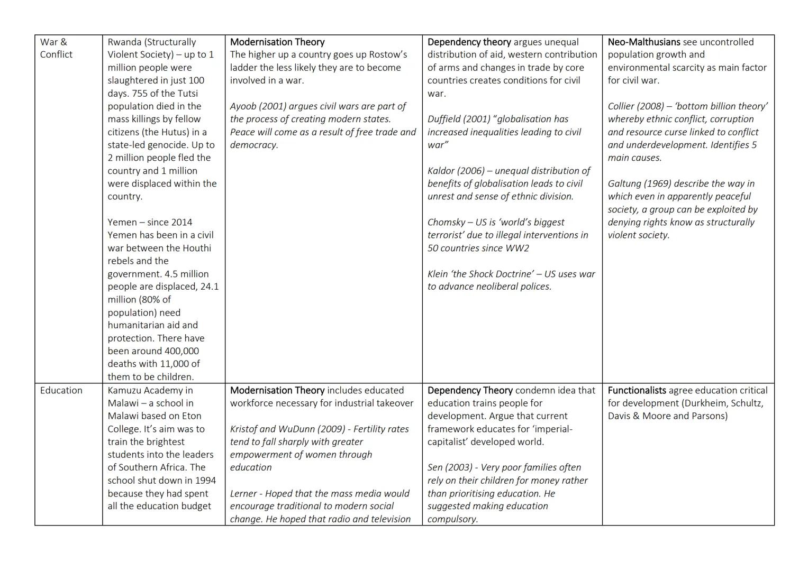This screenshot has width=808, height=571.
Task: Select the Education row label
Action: pos(61,390)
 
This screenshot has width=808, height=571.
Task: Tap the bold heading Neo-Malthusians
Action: pos(643,42)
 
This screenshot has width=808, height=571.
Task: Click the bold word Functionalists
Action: pos(637,390)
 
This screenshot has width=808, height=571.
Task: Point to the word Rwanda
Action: pos(124,42)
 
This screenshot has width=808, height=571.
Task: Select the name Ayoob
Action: pos(243,106)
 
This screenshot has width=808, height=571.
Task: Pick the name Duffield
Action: pos(444,119)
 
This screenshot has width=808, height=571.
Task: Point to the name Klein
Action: pos(439,274)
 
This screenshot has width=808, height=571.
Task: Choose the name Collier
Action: pos(622,106)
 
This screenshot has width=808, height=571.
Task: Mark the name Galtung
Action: pos(624,183)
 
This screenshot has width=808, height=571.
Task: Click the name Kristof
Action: pos(245,429)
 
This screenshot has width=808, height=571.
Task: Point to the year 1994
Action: pos(204,481)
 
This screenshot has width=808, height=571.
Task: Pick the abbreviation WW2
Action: pos(517,248)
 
